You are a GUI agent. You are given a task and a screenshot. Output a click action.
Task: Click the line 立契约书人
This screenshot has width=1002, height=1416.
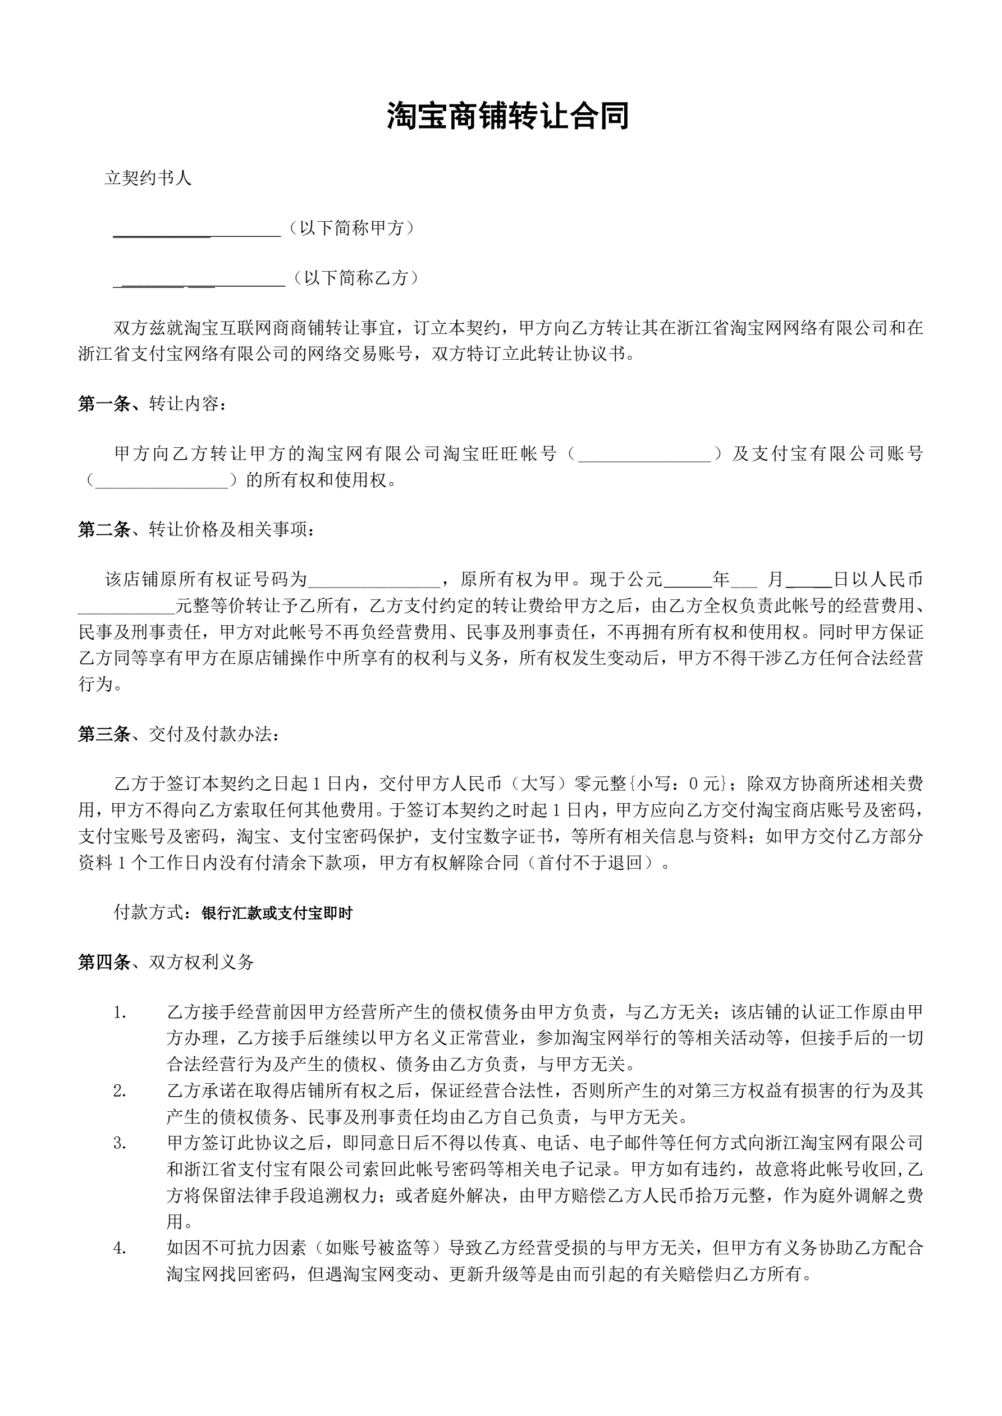(148, 178)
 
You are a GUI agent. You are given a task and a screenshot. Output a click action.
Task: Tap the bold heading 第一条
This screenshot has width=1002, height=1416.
(104, 405)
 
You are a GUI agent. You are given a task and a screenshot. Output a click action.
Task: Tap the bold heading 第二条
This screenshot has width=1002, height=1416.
(104, 530)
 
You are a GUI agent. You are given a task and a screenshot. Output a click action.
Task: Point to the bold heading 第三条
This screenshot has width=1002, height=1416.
(104, 735)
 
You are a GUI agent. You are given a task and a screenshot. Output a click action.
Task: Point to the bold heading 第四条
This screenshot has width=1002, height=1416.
(104, 963)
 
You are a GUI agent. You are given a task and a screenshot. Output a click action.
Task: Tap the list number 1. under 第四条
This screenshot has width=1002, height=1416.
(120, 1013)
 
